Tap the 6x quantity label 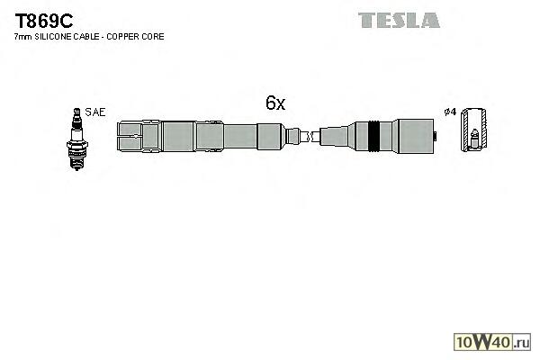(x=274, y=103)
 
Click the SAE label (x=96, y=112)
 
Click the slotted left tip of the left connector (x=131, y=138)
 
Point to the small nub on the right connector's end (x=436, y=138)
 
